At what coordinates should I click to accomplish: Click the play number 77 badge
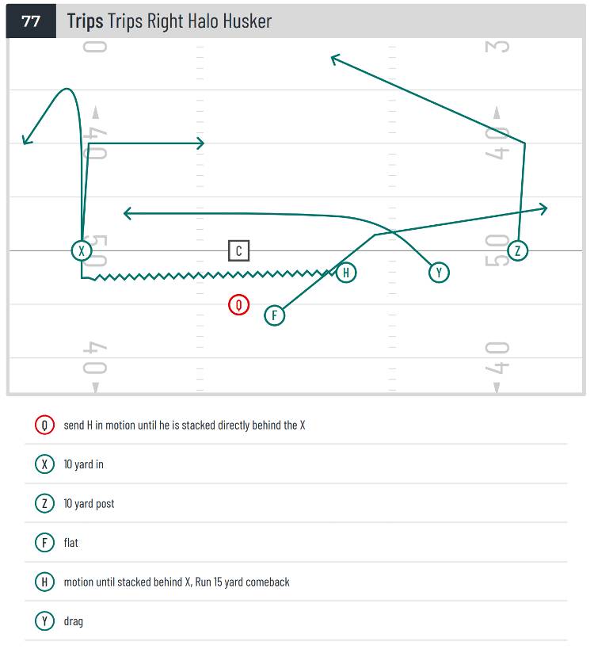coord(31,21)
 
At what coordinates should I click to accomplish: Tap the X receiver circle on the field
coord(82,250)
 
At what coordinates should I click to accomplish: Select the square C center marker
coord(238,250)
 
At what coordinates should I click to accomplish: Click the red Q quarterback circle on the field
coord(238,304)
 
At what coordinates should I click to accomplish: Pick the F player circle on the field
coord(274,315)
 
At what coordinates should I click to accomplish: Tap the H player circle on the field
coord(346,273)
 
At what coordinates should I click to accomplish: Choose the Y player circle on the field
coord(439,273)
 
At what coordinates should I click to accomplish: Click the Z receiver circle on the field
coord(517,250)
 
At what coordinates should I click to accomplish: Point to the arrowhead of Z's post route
coord(335,59)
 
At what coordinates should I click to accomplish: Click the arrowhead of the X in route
coord(200,143)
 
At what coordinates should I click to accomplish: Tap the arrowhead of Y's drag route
coord(128,214)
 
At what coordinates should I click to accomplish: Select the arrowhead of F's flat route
coord(543,208)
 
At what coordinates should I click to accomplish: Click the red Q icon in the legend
coord(44,425)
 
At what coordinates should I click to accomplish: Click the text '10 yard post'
coord(89,504)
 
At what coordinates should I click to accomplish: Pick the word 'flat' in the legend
coord(70,543)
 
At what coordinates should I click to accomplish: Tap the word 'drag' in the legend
coord(73,621)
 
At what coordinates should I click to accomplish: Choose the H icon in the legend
coord(44,582)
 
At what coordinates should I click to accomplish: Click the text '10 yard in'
coord(84,464)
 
